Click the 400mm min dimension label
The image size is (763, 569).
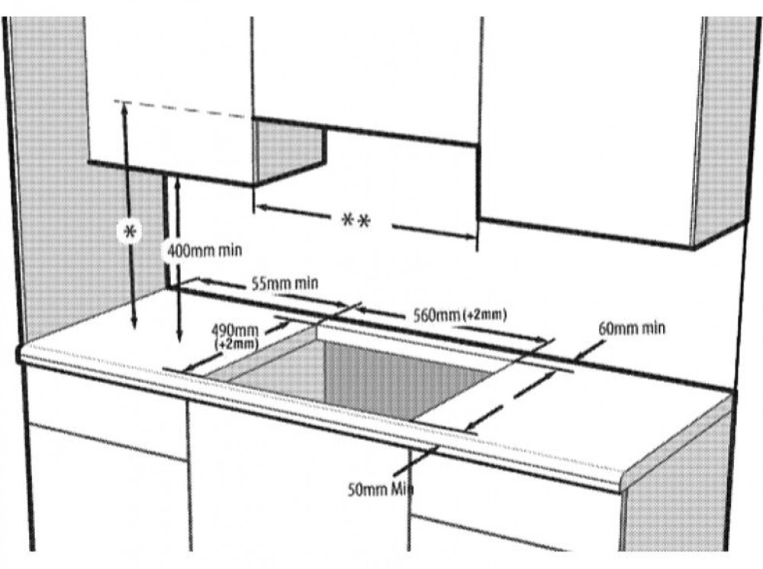click(x=204, y=251)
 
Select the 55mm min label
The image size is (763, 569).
click(x=285, y=283)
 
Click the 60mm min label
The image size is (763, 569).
click(x=631, y=328)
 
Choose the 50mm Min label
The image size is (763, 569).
click(x=380, y=489)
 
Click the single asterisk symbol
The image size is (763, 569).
click(x=130, y=232)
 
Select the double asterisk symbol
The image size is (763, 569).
click(x=356, y=220)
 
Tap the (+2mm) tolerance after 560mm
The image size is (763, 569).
click(x=485, y=315)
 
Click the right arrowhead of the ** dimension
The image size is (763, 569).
click(x=469, y=237)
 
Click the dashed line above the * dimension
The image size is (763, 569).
click(x=179, y=109)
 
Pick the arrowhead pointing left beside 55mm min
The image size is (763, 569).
click(x=203, y=281)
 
